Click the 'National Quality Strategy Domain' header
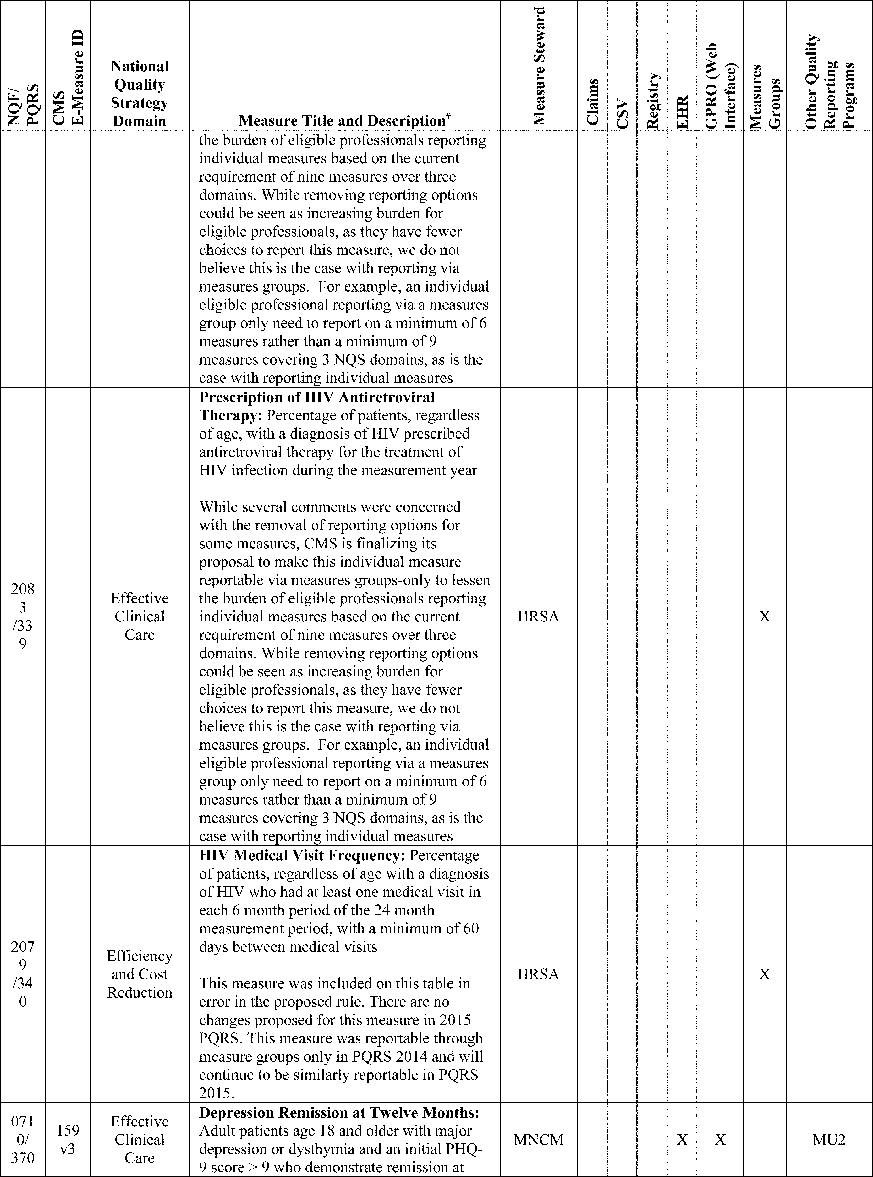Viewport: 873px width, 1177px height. click(140, 93)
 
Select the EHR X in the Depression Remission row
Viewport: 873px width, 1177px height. click(682, 1139)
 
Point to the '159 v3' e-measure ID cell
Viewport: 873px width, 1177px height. click(68, 1139)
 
